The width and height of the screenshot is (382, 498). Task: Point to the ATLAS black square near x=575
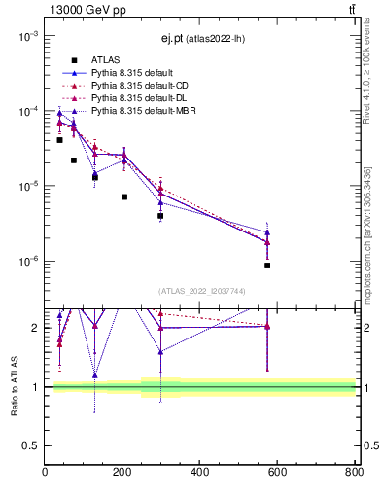coord(267,266)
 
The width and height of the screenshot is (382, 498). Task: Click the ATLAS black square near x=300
coord(160,216)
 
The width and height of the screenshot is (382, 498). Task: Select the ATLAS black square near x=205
coord(124,196)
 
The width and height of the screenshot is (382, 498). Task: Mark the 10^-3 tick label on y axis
coord(27,36)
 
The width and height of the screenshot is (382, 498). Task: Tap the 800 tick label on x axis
coord(352,472)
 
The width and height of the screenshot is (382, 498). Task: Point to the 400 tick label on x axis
coord(199,472)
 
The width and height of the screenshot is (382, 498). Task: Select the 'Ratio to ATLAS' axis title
coord(13,386)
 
